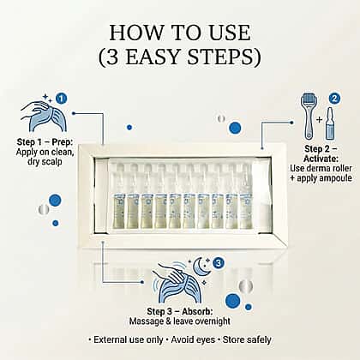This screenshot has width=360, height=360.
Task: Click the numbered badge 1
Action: point(61,99)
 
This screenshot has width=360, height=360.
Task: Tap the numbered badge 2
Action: point(334,99)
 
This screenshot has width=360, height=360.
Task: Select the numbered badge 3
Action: point(219,263)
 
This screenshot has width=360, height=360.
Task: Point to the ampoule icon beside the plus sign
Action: point(330,123)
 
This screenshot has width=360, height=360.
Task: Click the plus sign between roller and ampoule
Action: point(320,119)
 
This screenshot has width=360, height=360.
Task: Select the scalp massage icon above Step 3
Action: point(177,283)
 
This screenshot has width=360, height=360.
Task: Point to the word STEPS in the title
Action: point(220,57)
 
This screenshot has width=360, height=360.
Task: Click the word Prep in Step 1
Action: point(63,142)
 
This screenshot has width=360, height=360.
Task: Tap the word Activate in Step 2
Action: point(321,159)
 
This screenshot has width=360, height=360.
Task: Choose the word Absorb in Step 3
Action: point(197,311)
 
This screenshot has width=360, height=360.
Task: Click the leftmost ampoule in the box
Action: point(119,196)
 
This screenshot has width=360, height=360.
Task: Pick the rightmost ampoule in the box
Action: point(246,196)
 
